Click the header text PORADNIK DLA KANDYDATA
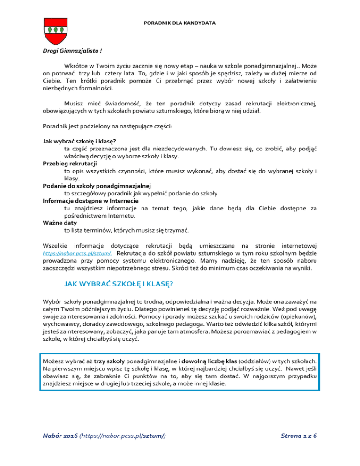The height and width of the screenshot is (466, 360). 180,22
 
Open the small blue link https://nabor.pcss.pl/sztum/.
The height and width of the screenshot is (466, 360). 76,254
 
